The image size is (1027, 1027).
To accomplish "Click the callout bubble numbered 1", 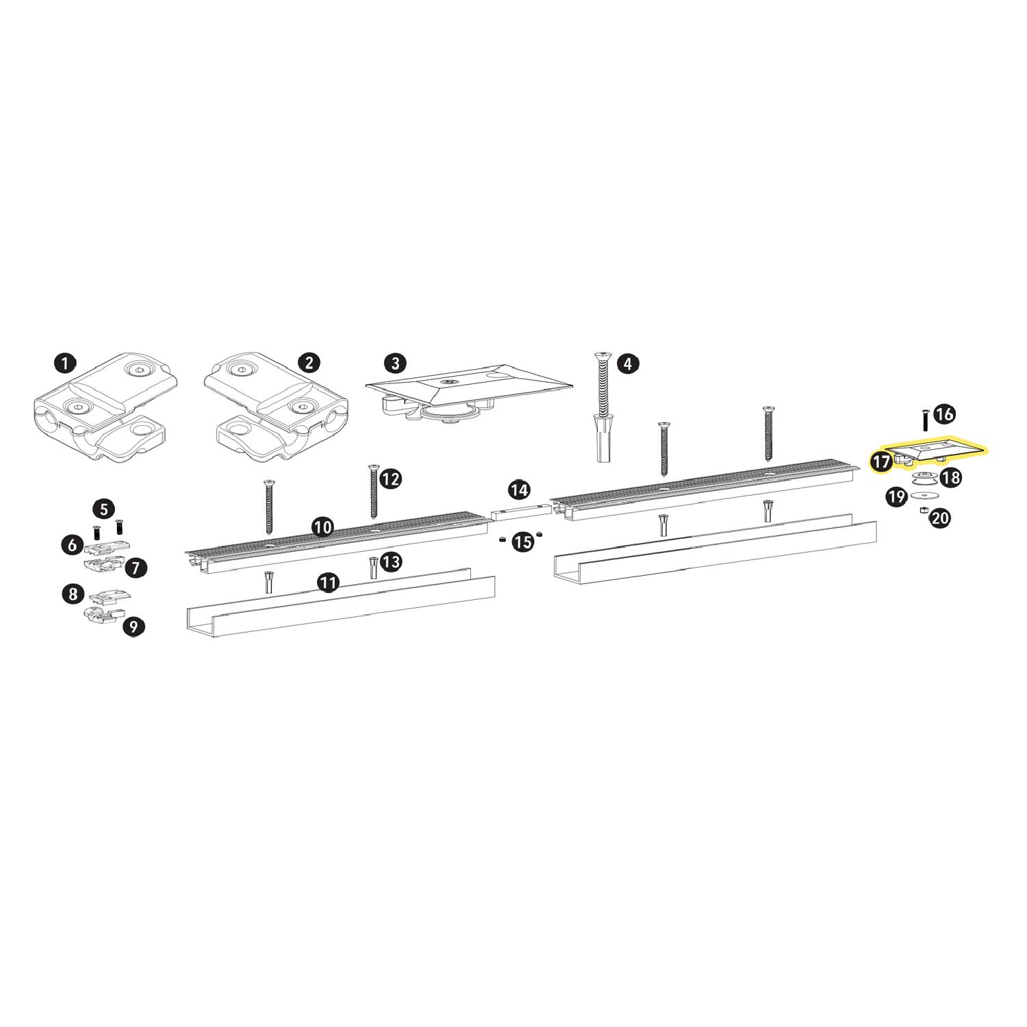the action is click(x=64, y=363).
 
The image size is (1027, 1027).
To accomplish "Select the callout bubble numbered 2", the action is click(x=309, y=363).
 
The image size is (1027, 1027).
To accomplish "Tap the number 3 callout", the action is click(x=394, y=363).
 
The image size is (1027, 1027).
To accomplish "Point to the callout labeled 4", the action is click(x=628, y=363).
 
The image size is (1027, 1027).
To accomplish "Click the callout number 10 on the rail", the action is click(x=322, y=527).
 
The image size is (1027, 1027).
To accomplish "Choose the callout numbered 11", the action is click(x=329, y=583).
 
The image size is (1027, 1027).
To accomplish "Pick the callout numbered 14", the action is click(x=519, y=490).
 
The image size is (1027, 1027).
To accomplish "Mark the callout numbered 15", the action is click(x=522, y=542).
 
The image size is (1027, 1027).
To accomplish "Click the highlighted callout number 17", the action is click(x=883, y=461).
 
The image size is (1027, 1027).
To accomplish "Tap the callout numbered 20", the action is click(x=940, y=518).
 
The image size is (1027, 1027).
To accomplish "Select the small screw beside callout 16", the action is click(x=925, y=419).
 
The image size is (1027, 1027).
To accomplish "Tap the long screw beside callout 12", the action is click(x=373, y=490).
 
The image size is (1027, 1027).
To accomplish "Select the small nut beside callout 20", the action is click(x=923, y=511).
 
